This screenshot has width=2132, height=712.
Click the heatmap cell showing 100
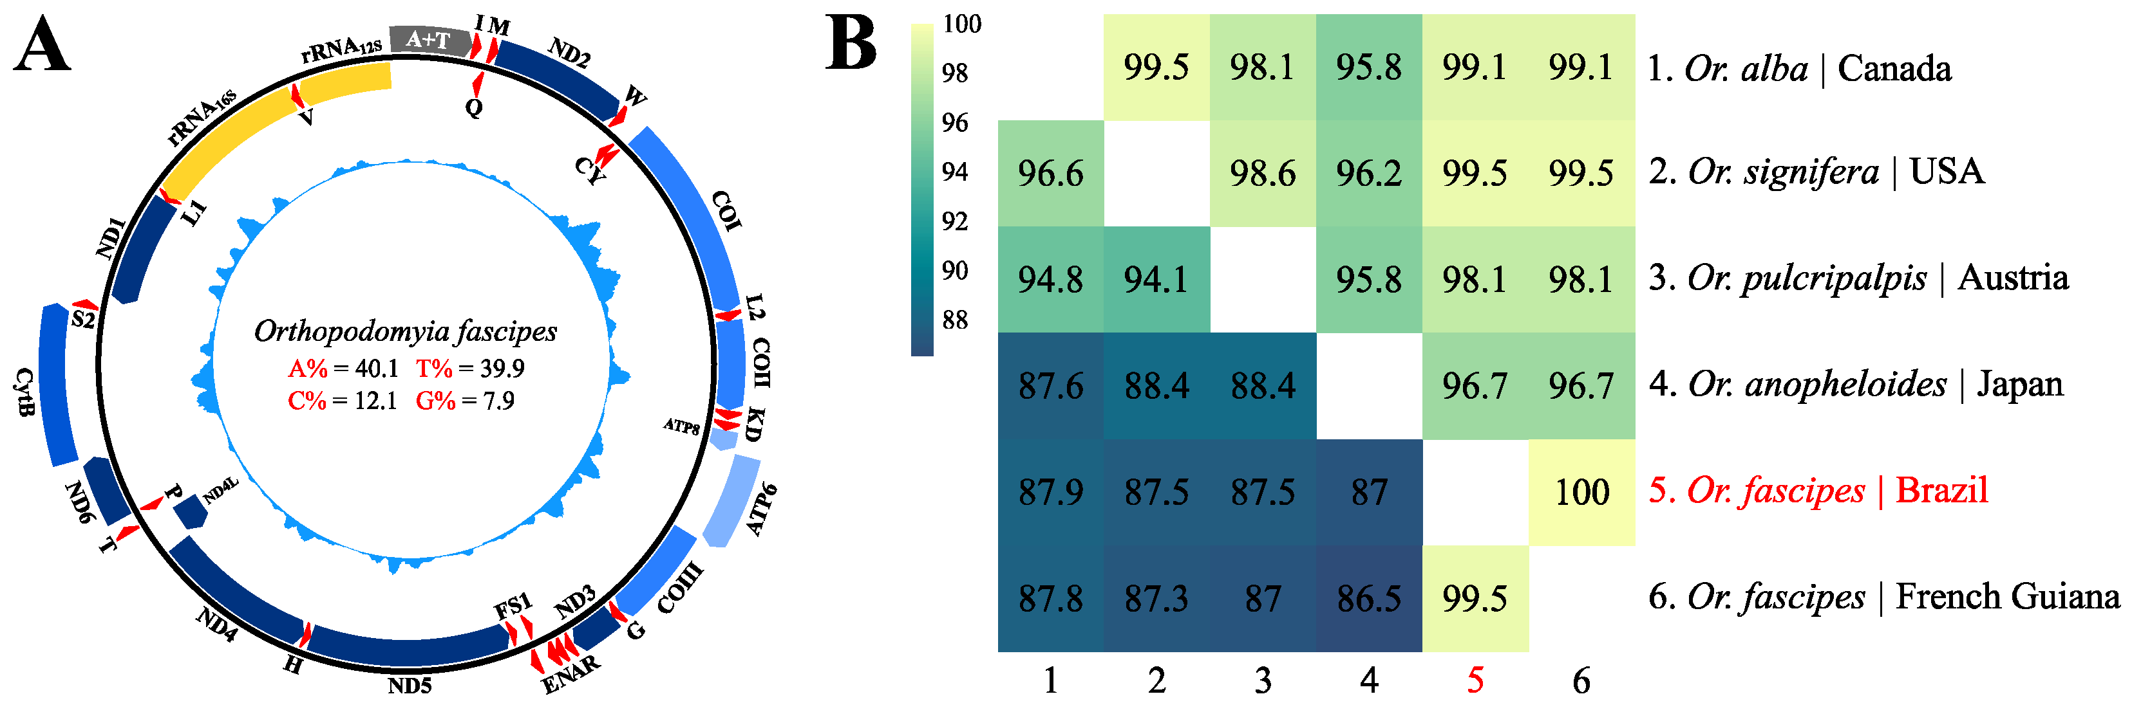tap(1581, 492)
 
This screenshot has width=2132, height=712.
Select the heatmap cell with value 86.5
tap(1369, 599)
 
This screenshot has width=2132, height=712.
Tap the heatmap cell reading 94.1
tap(1156, 280)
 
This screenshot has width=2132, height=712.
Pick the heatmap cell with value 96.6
tap(1050, 174)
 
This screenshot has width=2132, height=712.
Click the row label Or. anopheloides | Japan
tap(1854, 385)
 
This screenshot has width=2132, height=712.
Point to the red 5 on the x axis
tap(1475, 680)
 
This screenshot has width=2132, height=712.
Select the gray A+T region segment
tap(429, 39)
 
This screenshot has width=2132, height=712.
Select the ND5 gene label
tap(410, 686)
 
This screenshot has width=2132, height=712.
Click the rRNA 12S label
tap(341, 50)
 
